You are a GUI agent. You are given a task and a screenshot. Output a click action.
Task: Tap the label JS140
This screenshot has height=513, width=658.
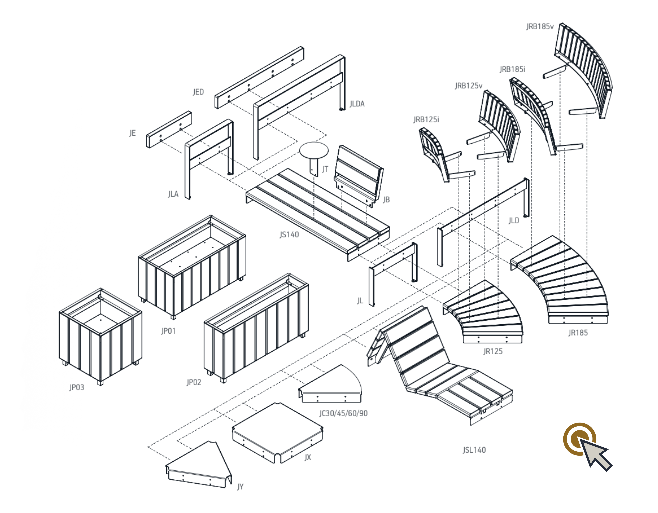(x=289, y=235)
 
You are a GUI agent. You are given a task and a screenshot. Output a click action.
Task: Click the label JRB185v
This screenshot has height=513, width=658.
(x=540, y=26)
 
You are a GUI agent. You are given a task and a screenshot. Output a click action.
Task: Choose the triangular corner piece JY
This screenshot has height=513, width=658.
(x=199, y=465)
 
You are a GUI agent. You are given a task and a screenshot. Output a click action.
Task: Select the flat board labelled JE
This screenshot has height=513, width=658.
(x=169, y=129)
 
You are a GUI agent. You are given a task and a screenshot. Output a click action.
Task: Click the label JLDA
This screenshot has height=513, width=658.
(x=357, y=104)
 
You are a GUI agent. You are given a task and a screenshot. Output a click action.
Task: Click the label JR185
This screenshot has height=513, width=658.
(x=578, y=333)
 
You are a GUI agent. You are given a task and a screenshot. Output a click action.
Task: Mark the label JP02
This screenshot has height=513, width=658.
(x=194, y=382)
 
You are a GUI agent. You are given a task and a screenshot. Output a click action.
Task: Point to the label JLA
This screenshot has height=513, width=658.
(x=173, y=194)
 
